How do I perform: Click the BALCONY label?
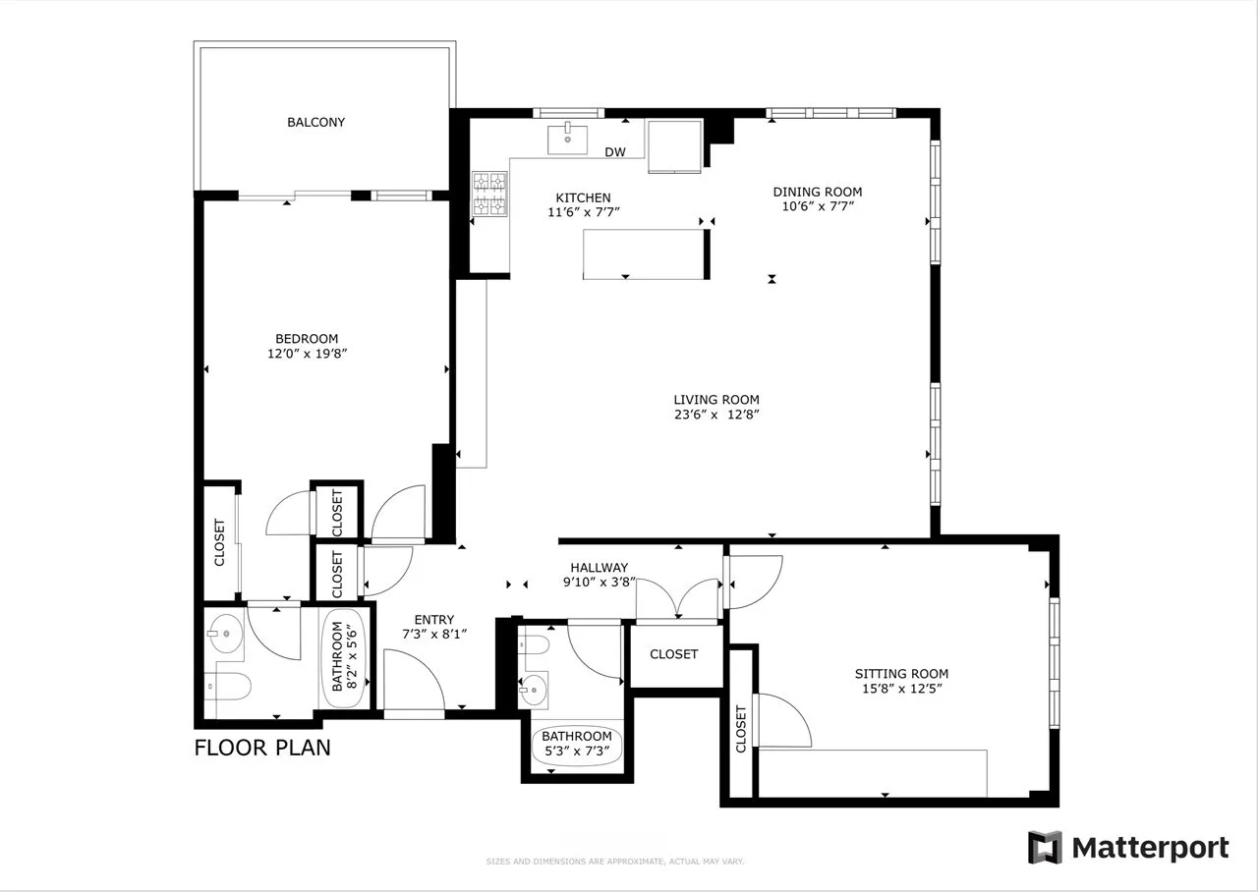click(x=315, y=123)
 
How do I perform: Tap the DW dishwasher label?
click(x=615, y=152)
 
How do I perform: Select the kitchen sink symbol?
click(x=568, y=139)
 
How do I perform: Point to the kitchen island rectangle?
click(x=644, y=254)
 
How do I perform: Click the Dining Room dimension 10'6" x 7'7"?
click(x=817, y=207)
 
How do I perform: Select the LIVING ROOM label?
click(x=715, y=400)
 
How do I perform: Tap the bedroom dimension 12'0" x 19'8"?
click(x=308, y=355)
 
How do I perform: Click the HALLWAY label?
click(x=599, y=567)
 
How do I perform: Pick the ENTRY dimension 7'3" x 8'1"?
click(x=433, y=635)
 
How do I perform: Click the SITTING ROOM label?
click(x=901, y=674)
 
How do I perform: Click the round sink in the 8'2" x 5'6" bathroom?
click(x=226, y=634)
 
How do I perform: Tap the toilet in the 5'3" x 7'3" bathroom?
click(x=534, y=645)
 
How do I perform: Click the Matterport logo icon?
click(x=1045, y=847)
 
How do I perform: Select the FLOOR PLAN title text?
click(x=262, y=748)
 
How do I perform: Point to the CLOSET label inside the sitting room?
click(x=740, y=729)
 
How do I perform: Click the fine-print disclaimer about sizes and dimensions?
click(x=615, y=862)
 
